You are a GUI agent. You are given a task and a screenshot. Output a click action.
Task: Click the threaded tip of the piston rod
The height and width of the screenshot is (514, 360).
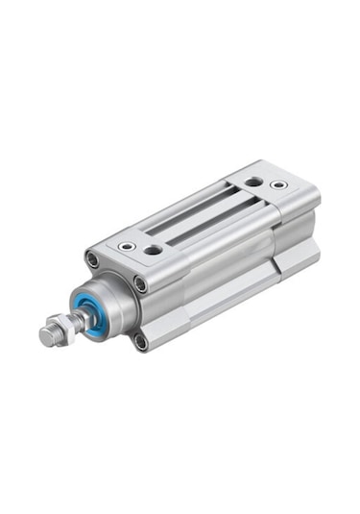[x=48, y=335]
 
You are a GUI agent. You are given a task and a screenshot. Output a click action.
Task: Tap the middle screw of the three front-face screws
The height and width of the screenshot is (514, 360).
[x=141, y=283]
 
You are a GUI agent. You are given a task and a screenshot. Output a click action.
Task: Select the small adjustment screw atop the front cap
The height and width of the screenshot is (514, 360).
[x=125, y=246]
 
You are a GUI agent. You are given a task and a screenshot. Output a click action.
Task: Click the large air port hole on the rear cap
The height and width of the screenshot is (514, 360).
[x=252, y=182]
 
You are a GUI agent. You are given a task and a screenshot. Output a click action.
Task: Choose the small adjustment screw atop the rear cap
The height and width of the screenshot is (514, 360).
[x=278, y=184]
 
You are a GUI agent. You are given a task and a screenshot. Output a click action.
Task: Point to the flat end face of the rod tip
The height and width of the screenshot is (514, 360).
[x=43, y=339]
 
